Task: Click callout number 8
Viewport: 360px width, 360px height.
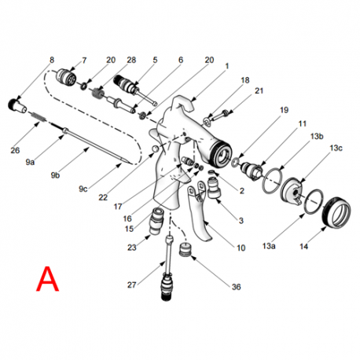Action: [x=52, y=60]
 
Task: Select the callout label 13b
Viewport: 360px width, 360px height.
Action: [x=317, y=136]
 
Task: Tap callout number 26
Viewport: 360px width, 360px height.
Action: [x=16, y=150]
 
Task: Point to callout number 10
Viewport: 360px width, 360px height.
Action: [x=241, y=248]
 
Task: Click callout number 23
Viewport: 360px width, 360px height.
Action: [x=132, y=247]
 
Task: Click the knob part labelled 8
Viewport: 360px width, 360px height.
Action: [x=16, y=103]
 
